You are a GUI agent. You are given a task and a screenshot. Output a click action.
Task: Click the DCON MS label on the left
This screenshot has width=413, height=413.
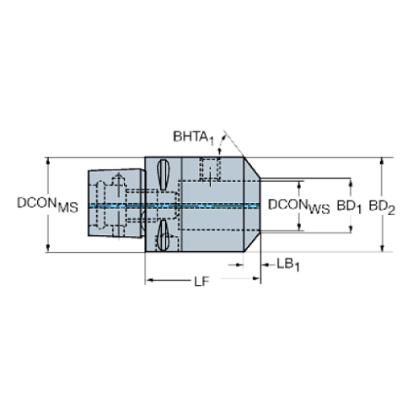pyautogui.click(x=47, y=204)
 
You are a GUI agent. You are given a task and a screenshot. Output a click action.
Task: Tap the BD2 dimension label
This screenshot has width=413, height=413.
pyautogui.click(x=381, y=205)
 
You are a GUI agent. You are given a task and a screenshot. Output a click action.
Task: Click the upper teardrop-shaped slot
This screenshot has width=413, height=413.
pyautogui.click(x=164, y=179)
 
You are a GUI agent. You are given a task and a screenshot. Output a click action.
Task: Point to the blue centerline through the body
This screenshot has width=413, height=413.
pyautogui.click(x=211, y=205)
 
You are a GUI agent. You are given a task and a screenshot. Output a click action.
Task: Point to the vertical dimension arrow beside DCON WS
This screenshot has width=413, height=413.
pyautogui.click(x=298, y=190)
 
